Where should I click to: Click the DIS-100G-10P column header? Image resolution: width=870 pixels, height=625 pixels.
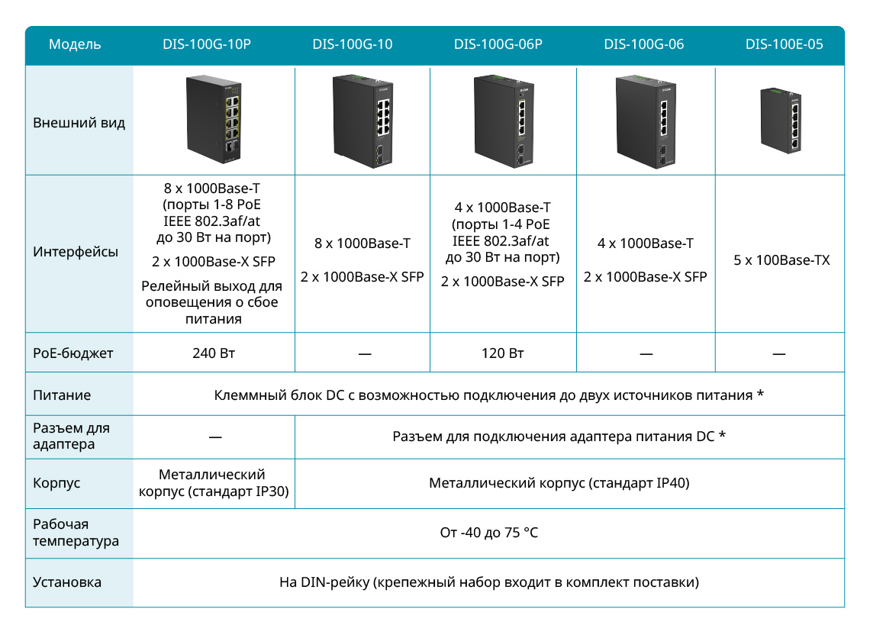click(206, 44)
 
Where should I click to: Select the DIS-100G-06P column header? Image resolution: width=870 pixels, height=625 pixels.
click(498, 44)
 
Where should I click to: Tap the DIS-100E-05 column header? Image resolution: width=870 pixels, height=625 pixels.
click(784, 44)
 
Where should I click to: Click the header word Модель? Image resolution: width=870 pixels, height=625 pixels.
click(75, 44)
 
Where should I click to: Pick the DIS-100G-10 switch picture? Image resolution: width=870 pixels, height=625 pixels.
click(362, 121)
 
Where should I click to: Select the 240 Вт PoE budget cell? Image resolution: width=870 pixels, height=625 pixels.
click(214, 353)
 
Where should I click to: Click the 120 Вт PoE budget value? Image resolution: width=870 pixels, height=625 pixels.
click(503, 353)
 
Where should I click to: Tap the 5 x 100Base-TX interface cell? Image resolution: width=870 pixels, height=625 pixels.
click(781, 259)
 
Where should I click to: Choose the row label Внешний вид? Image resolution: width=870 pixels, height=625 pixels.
click(79, 123)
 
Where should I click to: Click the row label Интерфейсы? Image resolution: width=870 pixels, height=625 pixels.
click(76, 251)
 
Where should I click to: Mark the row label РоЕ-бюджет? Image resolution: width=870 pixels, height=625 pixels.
click(72, 353)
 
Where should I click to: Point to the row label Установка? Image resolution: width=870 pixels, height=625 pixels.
click(67, 582)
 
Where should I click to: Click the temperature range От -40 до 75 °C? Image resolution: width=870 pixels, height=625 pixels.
click(489, 533)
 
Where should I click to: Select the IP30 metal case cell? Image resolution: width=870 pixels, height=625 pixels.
click(214, 483)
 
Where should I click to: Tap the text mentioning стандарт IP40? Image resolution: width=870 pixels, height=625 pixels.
click(559, 483)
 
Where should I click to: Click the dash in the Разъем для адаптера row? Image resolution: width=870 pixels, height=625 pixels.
click(215, 437)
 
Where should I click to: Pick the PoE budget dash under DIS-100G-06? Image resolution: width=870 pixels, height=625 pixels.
click(646, 353)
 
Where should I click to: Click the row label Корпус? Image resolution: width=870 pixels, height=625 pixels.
click(56, 483)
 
